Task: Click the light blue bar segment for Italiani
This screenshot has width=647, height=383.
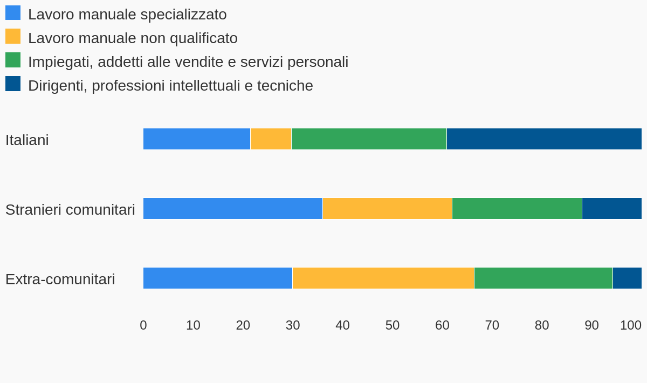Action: coord(197,139)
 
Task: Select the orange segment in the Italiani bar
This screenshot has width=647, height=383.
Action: coord(271,139)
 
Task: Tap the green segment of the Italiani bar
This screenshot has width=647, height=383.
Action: coord(369,139)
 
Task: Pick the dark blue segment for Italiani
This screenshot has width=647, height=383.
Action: coord(544,139)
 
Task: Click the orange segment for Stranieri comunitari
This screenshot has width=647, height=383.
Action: coord(387,209)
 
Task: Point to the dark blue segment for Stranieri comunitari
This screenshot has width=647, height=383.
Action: coord(611,209)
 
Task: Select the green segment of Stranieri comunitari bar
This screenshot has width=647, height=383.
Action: coord(517,209)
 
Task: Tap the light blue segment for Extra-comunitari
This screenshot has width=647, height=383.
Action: coord(218,278)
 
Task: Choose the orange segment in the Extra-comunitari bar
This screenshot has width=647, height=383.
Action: coord(383,278)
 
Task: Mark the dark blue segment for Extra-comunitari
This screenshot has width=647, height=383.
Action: coord(627,278)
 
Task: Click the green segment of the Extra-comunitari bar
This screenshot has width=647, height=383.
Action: coord(543,278)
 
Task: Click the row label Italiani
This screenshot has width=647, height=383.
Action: coord(27,140)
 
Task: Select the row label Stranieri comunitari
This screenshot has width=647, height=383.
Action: coord(70,210)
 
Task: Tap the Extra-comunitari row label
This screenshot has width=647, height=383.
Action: coord(60,279)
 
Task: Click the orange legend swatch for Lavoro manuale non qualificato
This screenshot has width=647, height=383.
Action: coord(13,37)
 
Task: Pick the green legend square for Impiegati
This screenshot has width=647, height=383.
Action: coord(13,60)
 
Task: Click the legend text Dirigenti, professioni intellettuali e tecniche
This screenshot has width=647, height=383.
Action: coord(170,86)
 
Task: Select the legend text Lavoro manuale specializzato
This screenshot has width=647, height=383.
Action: coord(127,15)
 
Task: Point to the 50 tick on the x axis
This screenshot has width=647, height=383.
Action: coord(393,325)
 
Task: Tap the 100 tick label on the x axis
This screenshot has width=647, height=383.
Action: coord(630,325)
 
